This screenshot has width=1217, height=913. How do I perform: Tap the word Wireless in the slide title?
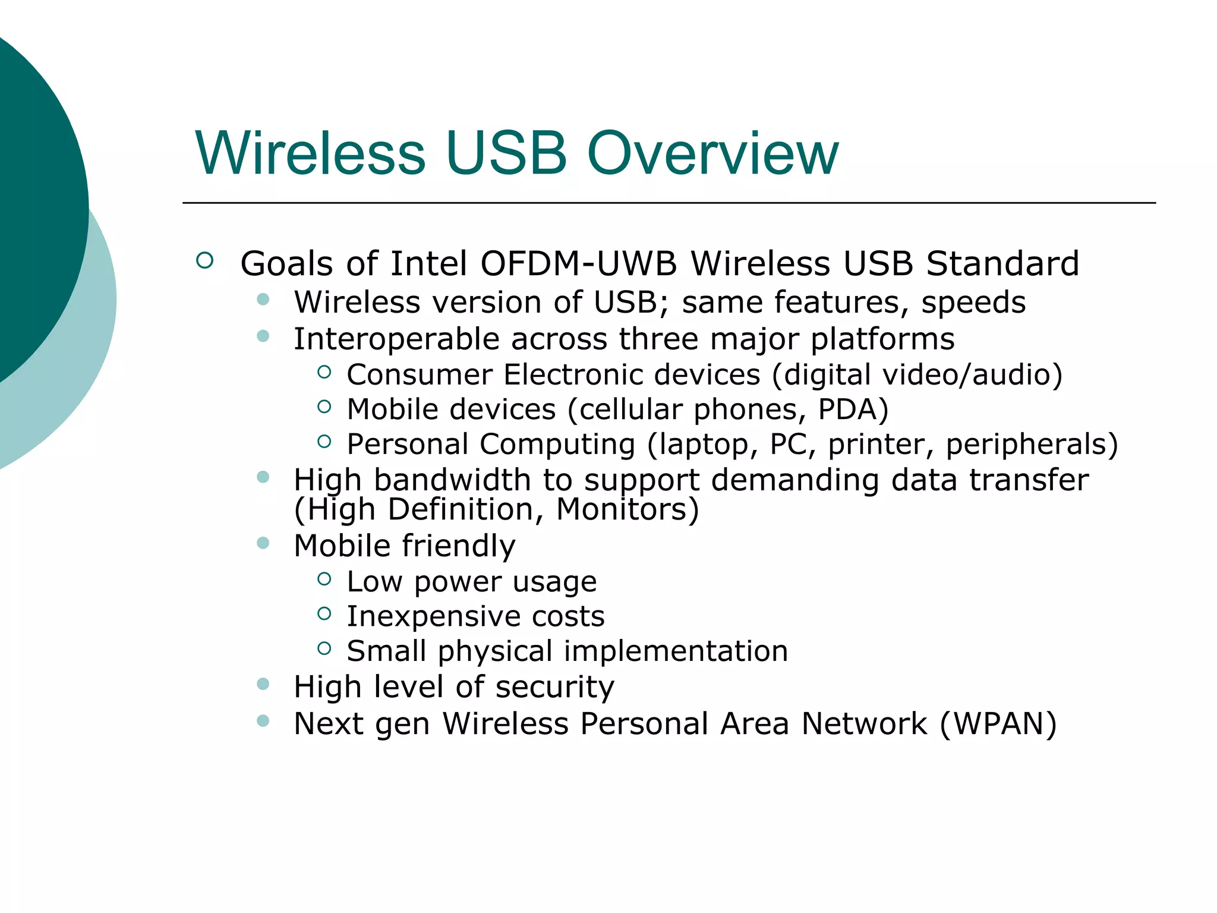310,154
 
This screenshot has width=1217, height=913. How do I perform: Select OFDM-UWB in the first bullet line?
578,263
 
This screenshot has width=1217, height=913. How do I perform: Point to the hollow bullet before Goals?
204,260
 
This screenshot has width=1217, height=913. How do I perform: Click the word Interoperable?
396,339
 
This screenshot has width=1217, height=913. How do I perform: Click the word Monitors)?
628,509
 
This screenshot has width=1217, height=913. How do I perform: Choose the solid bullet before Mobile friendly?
263,543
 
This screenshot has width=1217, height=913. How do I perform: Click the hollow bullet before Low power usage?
324,578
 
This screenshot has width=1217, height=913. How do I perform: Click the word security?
554,687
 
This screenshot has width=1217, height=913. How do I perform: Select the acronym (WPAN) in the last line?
998,724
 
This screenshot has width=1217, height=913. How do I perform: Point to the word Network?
864,724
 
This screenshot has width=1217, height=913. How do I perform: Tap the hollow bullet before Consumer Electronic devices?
324,372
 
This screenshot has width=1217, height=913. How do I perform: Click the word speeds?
973,303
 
